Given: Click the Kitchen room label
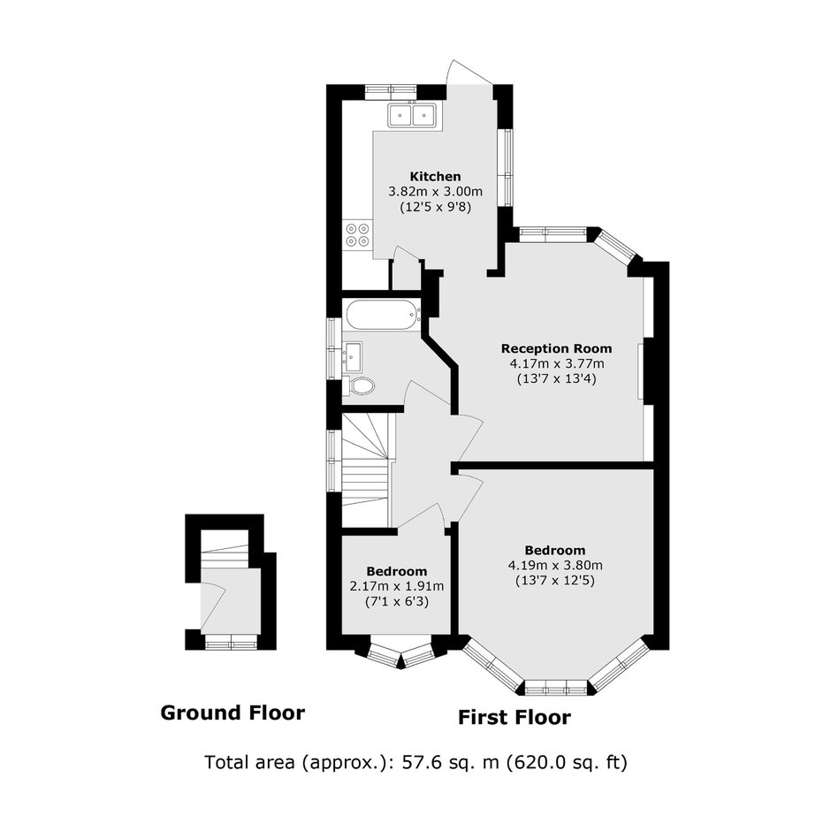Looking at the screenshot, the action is click(x=435, y=177).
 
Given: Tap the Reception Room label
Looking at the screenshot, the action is click(x=556, y=348).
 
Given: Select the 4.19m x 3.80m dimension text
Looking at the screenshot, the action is click(x=555, y=566).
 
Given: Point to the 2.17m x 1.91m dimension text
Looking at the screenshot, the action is click(x=397, y=587).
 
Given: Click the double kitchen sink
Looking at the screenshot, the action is click(x=411, y=115).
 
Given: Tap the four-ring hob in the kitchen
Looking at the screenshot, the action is click(x=357, y=235).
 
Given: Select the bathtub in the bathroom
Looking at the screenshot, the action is click(x=383, y=315).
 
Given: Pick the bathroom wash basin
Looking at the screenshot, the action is click(x=352, y=356).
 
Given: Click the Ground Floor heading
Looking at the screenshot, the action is click(x=233, y=713).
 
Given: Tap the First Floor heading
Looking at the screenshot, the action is click(x=515, y=718).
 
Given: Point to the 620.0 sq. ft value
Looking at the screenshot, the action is click(x=567, y=763).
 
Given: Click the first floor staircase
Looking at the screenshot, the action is click(x=367, y=469).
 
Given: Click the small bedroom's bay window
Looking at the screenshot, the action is click(x=401, y=656).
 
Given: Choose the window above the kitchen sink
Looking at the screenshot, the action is click(x=392, y=92).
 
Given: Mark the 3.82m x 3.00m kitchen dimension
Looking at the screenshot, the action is click(x=436, y=191).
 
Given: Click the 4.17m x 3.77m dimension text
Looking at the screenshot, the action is click(x=557, y=364).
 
